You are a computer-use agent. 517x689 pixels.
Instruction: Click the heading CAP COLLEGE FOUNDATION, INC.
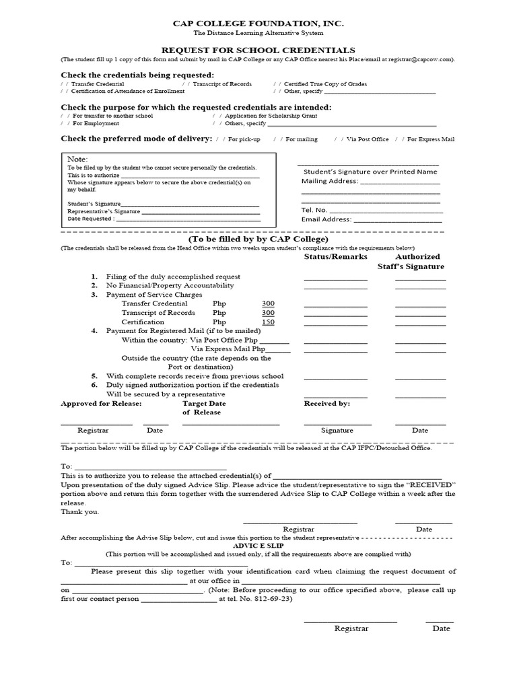(258, 24)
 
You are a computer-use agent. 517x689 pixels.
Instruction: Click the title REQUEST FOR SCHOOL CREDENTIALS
(258, 50)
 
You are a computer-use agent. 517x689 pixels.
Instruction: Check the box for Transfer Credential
(65, 84)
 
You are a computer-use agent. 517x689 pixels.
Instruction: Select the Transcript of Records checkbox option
(186, 84)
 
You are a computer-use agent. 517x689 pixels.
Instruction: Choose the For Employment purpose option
(65, 124)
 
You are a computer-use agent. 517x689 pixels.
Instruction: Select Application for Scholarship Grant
(217, 116)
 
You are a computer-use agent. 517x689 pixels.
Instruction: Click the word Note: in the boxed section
(78, 158)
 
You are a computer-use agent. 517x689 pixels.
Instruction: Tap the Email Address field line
(397, 219)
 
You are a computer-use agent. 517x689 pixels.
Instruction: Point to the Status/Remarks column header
(336, 257)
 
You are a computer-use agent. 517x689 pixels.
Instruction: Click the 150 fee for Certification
(268, 322)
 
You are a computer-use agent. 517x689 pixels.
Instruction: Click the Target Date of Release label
(204, 408)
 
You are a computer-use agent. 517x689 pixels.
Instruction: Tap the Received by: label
(326, 404)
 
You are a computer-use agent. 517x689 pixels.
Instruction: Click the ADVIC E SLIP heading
(258, 546)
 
